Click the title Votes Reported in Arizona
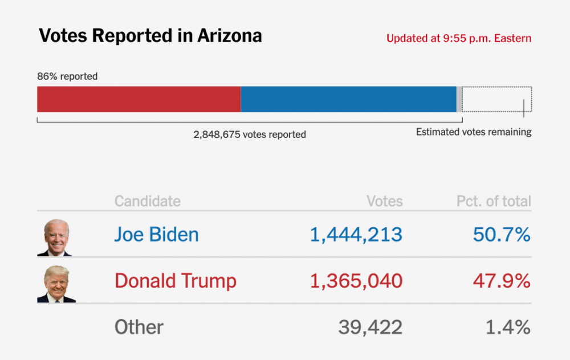[150, 36]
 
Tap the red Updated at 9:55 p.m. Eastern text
[459, 39]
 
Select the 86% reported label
[67, 76]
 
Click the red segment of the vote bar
[139, 99]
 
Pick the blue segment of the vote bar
[348, 99]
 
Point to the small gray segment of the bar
[459, 99]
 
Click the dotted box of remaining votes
[496, 99]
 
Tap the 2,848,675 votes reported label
[250, 135]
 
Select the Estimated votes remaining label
[474, 132]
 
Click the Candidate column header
[147, 201]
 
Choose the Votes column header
[384, 201]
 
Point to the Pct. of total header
[494, 201]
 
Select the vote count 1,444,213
[356, 235]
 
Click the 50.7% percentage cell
[501, 235]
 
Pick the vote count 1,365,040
[356, 281]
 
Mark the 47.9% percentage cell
[501, 281]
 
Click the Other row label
[139, 327]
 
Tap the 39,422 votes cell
[370, 327]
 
